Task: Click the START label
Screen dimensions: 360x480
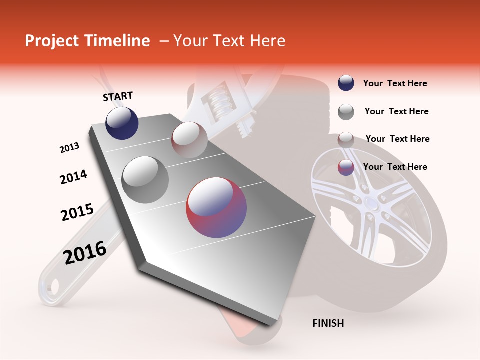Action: pos(118,96)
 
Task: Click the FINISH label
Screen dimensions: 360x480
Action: pos(328,323)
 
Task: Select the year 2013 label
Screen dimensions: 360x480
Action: pos(69,148)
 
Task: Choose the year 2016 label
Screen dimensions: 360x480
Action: pos(85,253)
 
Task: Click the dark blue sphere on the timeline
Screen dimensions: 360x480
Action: pos(122,123)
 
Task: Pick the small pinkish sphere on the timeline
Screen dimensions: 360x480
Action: pos(189,140)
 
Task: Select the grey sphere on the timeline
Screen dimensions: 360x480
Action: pos(145,179)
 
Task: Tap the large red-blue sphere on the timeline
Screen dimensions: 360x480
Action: pos(216,207)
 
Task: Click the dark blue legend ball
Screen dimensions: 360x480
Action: pos(346,83)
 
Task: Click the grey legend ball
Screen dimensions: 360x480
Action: pos(346,112)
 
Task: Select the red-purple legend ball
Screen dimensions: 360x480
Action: pos(346,167)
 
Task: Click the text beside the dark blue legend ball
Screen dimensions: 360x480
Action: pos(395,84)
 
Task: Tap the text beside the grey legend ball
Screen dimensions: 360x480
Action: pos(396,112)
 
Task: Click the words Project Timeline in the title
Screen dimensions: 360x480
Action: pos(87,41)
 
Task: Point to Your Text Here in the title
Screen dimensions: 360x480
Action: pos(229,41)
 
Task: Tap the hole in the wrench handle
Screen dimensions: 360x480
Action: pos(51,287)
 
